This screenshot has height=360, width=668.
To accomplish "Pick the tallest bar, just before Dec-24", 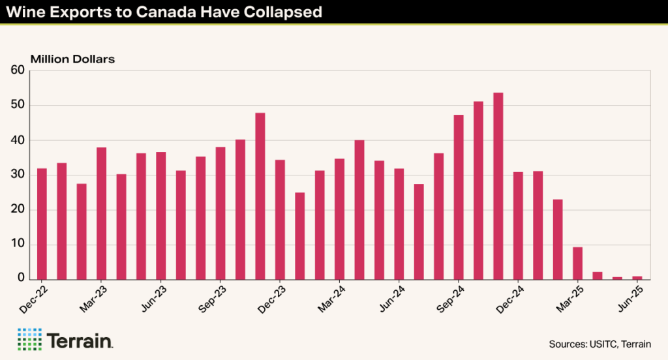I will (x=498, y=186).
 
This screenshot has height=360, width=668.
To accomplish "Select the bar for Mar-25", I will (x=577, y=263).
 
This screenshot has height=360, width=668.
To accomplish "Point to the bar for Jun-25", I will (x=637, y=277).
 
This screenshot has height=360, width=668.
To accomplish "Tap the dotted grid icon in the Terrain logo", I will (x=28, y=340).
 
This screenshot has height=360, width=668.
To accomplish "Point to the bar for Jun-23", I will (x=161, y=215).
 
